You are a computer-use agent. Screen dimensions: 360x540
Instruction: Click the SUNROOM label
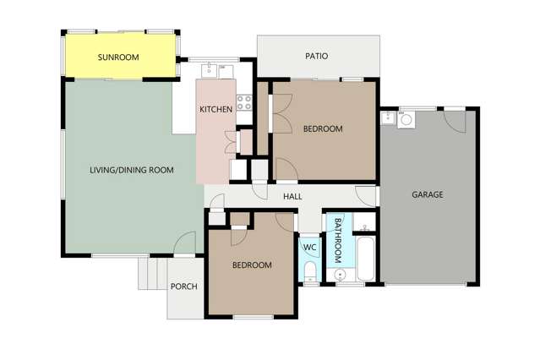click(117, 57)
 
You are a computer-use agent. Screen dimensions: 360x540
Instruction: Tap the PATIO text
click(316, 57)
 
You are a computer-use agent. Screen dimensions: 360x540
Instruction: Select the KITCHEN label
click(215, 110)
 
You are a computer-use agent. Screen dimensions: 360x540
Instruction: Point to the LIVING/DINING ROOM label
click(131, 170)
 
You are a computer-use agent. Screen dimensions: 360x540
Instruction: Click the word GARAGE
click(427, 194)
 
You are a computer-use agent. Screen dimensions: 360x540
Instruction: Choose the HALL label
click(292, 196)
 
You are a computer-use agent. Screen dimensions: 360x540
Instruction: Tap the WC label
click(308, 248)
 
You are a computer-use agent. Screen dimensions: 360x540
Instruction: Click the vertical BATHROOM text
click(338, 238)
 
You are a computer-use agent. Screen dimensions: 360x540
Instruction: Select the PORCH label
click(183, 286)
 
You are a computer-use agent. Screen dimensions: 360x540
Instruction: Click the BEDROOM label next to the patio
click(322, 128)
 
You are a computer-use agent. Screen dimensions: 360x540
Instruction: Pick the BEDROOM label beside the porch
click(252, 265)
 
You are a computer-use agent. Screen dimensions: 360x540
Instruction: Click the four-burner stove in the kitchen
click(243, 104)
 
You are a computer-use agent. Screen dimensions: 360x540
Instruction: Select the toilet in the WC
click(309, 270)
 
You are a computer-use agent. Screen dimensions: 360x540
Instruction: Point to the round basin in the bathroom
click(340, 274)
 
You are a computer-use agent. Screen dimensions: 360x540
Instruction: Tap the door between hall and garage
click(366, 194)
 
